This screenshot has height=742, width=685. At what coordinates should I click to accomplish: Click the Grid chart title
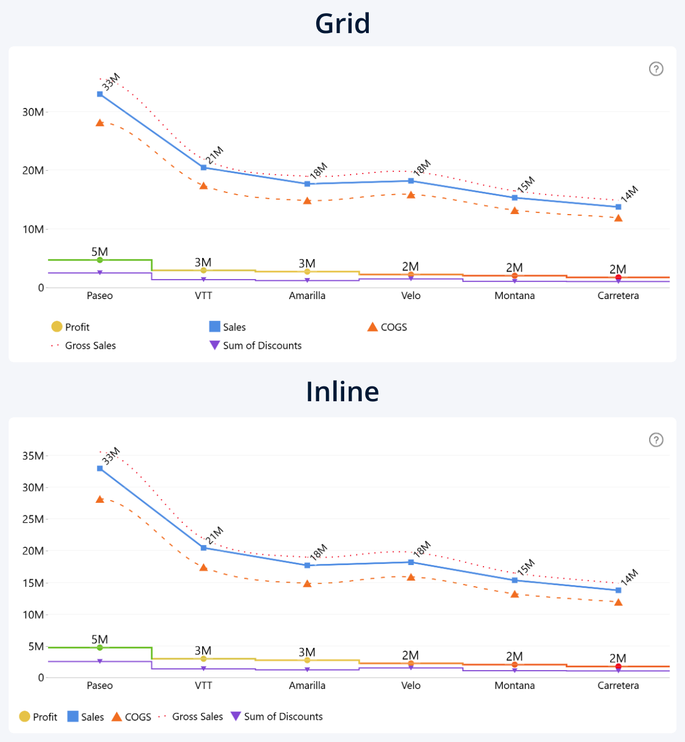(342, 24)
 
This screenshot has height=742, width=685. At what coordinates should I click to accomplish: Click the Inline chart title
(342, 392)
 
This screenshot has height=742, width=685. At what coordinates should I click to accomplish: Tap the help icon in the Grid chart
(656, 69)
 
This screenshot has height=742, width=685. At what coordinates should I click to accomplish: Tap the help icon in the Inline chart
(656, 440)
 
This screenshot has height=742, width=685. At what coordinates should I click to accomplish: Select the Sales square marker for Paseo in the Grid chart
(100, 94)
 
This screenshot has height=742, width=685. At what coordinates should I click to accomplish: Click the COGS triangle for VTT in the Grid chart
(204, 185)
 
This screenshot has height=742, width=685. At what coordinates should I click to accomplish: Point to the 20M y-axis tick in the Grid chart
(33, 171)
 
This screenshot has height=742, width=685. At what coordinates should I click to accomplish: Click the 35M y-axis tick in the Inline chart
(33, 456)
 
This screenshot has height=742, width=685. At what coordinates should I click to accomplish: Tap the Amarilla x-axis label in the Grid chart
(307, 296)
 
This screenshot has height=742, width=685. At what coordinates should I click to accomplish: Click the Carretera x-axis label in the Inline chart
(618, 685)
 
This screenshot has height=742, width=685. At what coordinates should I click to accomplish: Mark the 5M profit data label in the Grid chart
(99, 252)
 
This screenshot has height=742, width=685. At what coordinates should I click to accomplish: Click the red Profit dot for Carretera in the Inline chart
(618, 667)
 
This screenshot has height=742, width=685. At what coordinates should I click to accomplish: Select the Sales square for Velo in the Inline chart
(411, 562)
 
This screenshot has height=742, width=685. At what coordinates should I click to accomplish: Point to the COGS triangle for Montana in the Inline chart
(515, 594)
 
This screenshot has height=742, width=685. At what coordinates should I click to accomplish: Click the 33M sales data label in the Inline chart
(111, 455)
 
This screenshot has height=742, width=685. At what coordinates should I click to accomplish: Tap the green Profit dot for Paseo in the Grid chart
(100, 260)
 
